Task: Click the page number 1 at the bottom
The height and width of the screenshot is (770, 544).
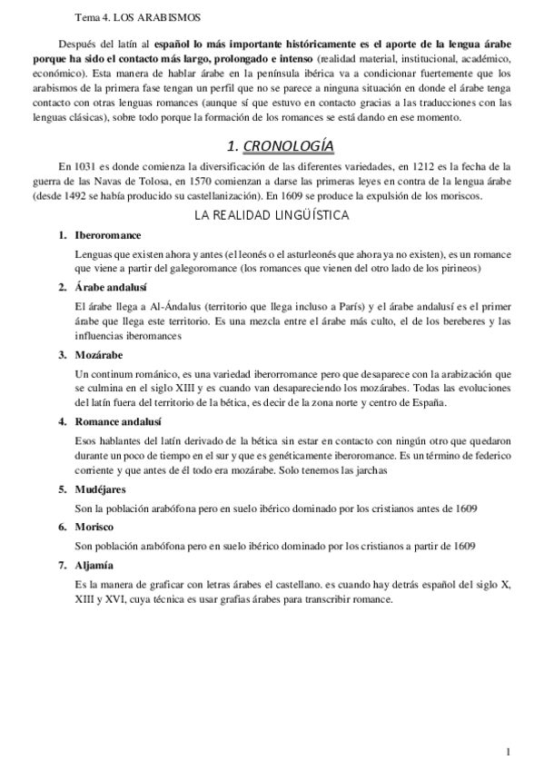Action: [509, 750]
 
